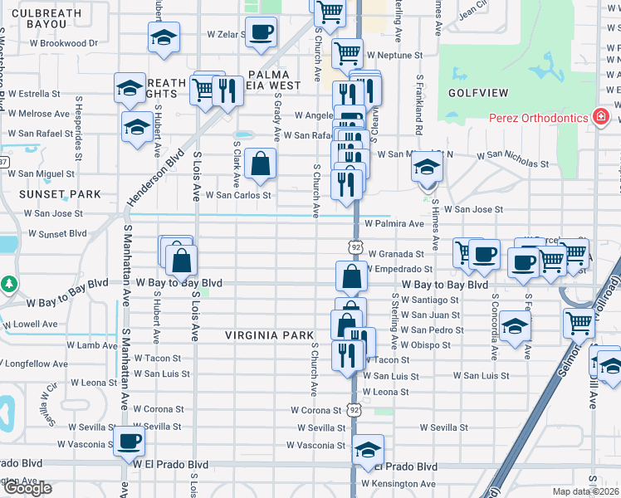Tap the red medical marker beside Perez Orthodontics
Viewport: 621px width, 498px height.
point(599,117)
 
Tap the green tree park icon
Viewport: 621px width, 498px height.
point(9,284)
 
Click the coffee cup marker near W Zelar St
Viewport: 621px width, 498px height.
point(262,32)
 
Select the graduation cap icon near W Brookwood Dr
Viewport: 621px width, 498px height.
point(164,37)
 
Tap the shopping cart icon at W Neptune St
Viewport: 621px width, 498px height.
point(347,54)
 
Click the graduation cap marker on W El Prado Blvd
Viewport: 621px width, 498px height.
point(368,449)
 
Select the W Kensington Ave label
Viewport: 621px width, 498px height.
point(398,483)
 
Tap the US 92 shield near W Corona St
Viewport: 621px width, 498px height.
point(355,410)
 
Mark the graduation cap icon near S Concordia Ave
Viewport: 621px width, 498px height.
point(515,325)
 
